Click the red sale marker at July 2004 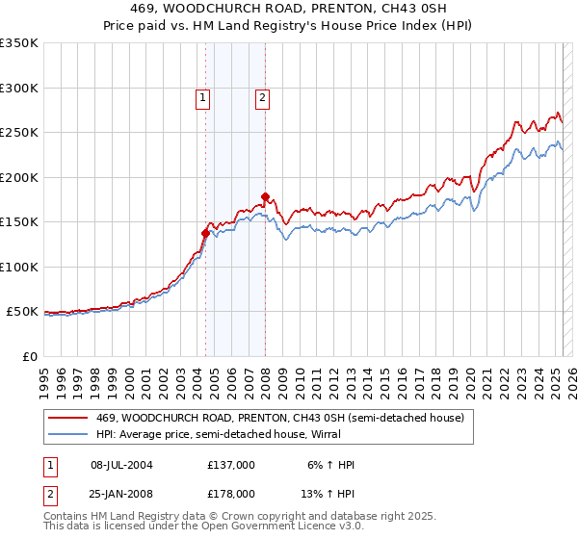coord(205,233)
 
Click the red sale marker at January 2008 coord(265,196)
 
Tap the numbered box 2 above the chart coord(262,96)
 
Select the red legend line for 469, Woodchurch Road coord(67,418)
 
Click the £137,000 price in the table coord(231,465)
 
